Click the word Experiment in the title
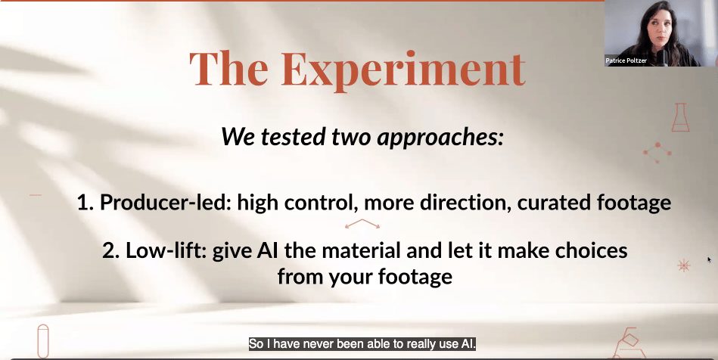[x=403, y=71]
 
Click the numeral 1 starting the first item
[x=84, y=203]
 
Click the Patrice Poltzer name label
[x=626, y=61]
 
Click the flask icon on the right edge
[x=680, y=118]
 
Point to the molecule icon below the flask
[x=657, y=153]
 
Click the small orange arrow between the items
[x=362, y=223]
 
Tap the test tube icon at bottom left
[x=43, y=341]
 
